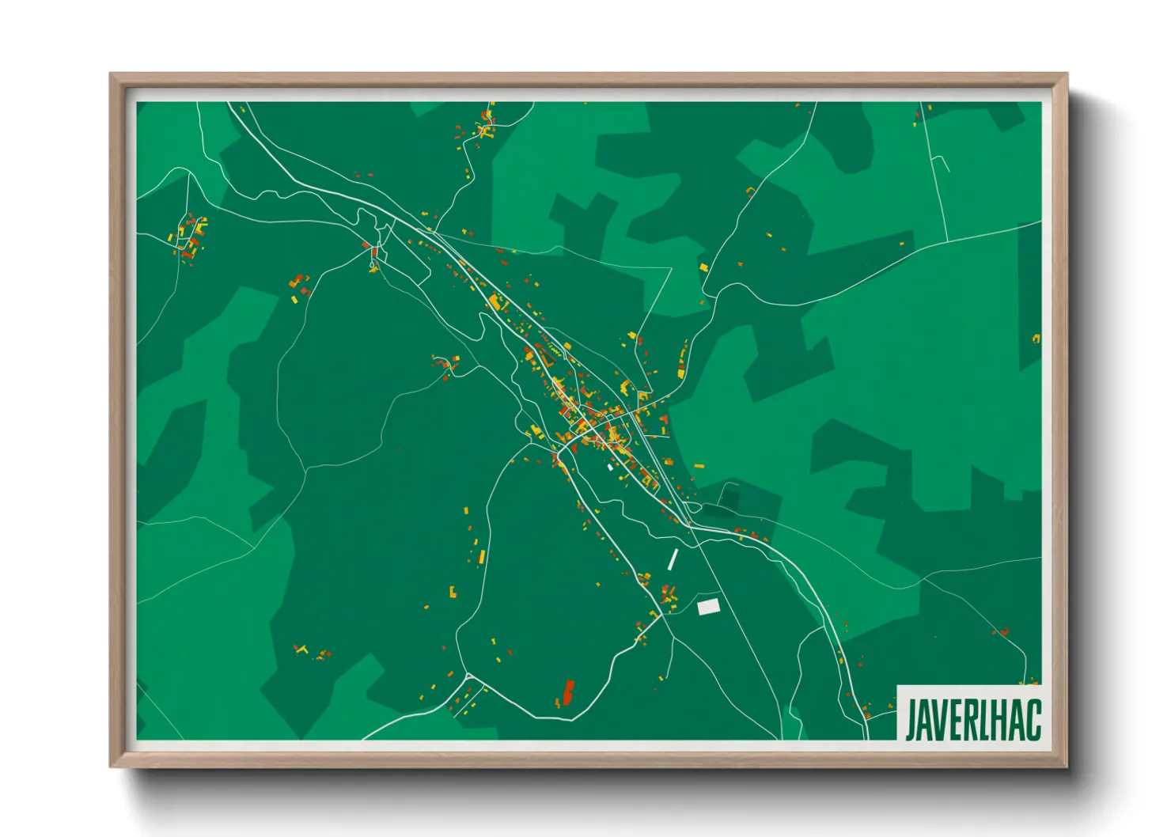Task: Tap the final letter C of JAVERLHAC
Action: click(1033, 719)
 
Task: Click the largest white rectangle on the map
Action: click(708, 607)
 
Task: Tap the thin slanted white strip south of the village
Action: click(673, 559)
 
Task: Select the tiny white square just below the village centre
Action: click(610, 468)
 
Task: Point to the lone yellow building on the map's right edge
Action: click(1036, 339)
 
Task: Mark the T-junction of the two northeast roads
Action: click(947, 240)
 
